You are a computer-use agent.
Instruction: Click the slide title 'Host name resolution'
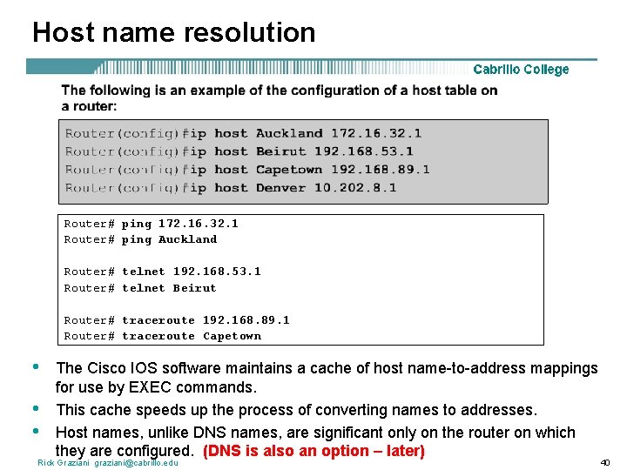pos(173,32)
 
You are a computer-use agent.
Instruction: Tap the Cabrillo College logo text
pos(521,70)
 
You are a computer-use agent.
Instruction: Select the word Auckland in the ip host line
pos(289,133)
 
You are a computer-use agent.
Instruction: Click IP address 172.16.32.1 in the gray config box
pos(376,133)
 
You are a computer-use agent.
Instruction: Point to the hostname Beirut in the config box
pos(281,151)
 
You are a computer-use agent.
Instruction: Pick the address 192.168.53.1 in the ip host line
pos(364,151)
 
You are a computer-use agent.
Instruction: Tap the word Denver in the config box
pos(281,187)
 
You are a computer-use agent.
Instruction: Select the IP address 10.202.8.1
pos(355,187)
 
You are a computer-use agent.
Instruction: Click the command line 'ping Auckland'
pos(169,239)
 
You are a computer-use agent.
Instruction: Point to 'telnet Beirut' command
pos(169,288)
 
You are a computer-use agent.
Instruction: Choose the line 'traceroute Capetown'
pos(192,336)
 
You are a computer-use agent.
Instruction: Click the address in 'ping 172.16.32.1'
pos(199,224)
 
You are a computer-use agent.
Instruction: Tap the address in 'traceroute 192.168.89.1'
pos(246,320)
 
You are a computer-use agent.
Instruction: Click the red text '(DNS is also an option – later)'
pos(313,451)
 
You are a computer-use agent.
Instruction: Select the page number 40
pos(604,462)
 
